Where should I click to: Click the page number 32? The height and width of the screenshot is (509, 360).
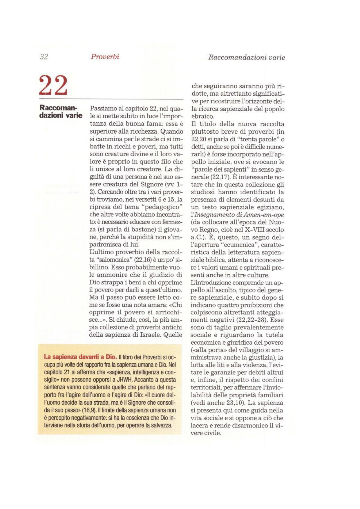coord(44,57)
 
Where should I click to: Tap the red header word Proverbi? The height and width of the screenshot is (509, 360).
coord(105,57)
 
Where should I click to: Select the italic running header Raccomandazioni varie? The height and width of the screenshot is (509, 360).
coord(246,57)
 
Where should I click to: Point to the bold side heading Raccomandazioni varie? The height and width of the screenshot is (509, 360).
coord(61,112)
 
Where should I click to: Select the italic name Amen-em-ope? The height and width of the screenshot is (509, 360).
coord(264,215)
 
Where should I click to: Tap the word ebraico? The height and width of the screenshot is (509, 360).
coord(202,117)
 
